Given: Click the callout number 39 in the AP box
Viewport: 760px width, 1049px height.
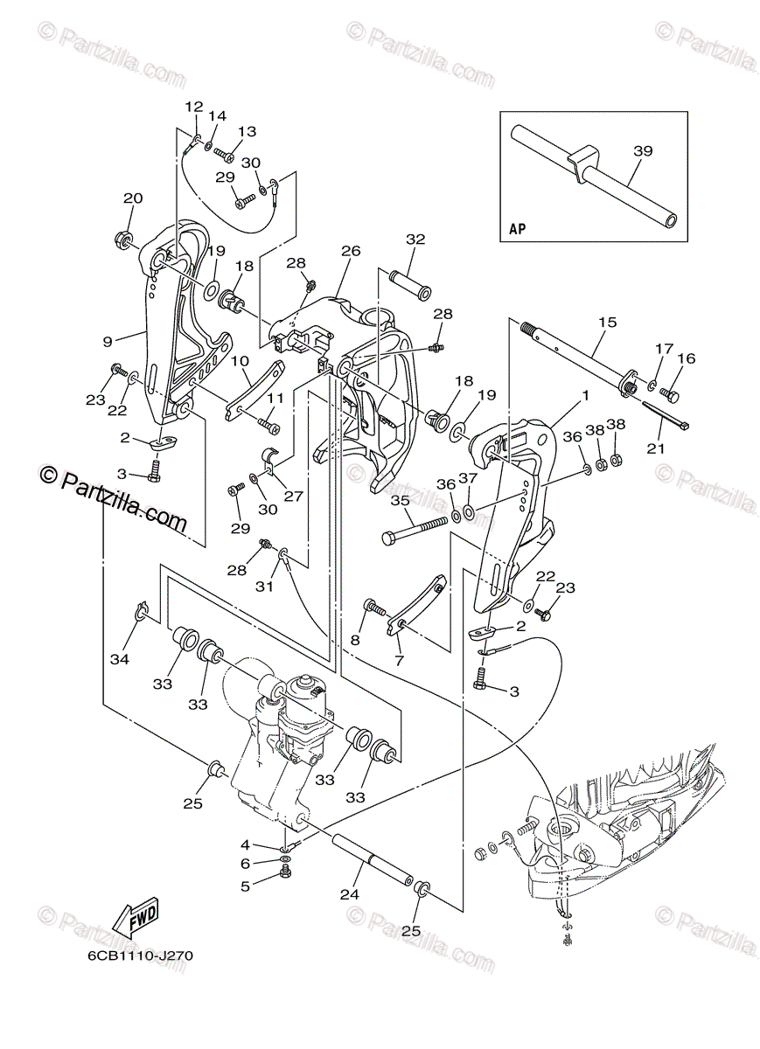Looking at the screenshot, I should point(643,151).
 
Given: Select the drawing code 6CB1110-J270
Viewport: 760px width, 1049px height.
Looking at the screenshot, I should point(140,955).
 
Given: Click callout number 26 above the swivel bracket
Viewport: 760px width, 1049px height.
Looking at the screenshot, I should point(351,251).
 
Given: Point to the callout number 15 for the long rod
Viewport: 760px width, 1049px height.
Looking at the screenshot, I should point(608,323).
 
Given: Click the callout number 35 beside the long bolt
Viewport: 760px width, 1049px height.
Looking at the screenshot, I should point(400,501).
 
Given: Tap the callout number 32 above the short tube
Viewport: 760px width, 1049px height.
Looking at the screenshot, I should point(415,239).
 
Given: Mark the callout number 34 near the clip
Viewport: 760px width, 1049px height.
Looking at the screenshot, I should point(119,658).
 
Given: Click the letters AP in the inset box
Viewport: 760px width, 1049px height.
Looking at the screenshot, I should point(518,231).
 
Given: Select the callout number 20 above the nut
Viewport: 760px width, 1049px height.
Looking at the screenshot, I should point(132,198).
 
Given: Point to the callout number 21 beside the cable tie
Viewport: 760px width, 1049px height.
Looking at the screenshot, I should point(656,448).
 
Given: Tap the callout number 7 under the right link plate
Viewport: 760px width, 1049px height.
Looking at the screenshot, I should point(399,661).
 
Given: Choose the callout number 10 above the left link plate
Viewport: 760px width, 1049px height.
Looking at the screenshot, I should point(241,361).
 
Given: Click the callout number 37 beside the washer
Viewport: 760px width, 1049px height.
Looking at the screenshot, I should point(468,478).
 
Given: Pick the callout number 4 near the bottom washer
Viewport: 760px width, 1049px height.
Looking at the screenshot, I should point(246,844).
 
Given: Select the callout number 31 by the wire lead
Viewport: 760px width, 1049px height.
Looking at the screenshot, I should point(265,587).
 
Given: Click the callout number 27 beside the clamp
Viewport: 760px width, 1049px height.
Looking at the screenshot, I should point(293,496).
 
